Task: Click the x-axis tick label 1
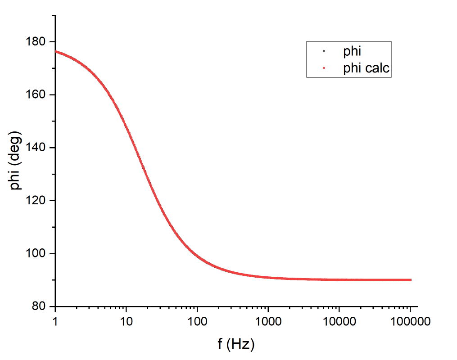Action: [55, 322]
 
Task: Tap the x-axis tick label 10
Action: [126, 322]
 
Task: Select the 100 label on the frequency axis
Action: [197, 322]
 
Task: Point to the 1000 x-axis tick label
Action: [268, 322]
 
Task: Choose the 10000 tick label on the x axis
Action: [339, 322]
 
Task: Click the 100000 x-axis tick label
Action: [410, 322]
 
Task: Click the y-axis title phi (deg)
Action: [17, 161]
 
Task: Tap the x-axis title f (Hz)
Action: [236, 345]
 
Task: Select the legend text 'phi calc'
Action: [366, 68]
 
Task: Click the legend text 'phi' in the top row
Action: [352, 51]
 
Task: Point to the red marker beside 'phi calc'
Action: [324, 68]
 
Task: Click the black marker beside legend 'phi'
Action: [324, 51]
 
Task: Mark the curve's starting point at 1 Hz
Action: [56, 51]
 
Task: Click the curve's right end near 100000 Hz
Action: [410, 280]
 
